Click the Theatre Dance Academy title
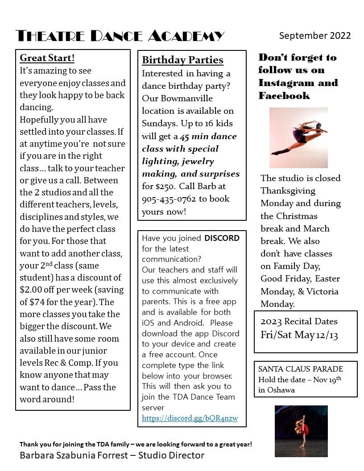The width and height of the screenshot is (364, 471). [120, 36]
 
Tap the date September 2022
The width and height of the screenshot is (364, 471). [315, 36]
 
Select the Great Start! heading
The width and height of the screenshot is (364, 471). [47, 58]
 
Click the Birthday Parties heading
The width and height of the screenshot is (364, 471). [182, 60]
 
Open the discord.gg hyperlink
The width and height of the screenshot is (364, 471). [190, 418]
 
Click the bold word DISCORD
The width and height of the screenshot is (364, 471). [222, 238]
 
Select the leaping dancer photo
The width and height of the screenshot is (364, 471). [298, 137]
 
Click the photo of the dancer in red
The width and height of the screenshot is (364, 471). [301, 431]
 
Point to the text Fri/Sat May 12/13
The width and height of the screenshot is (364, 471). [299, 335]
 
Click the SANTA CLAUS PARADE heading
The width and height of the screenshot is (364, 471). [301, 369]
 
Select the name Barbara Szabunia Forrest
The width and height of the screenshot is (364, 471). [76, 455]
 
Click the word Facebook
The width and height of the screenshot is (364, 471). [284, 95]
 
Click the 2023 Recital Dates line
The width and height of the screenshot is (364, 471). [299, 322]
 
